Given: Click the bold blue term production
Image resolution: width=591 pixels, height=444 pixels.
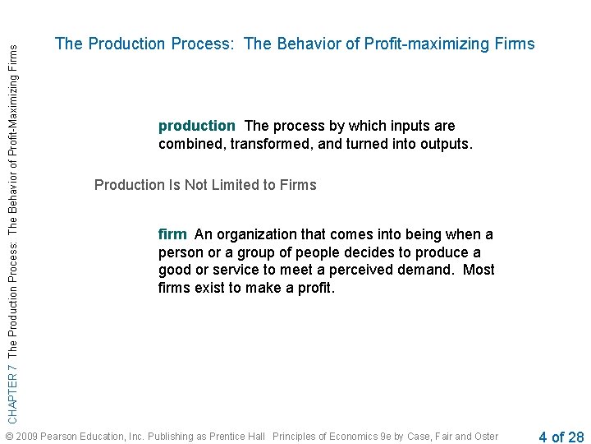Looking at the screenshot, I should (x=196, y=126).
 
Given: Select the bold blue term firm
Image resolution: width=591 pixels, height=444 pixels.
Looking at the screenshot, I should (x=172, y=234).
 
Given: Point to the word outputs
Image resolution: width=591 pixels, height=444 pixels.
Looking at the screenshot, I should (x=443, y=144).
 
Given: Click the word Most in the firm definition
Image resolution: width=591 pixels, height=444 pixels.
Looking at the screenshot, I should (x=479, y=271).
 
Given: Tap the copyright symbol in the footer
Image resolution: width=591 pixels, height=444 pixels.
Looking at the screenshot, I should (x=9, y=437).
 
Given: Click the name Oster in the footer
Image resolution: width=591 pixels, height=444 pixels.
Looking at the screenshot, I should (x=485, y=437).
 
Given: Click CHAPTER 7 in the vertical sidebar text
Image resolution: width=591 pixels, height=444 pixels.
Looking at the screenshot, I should (x=11, y=381).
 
